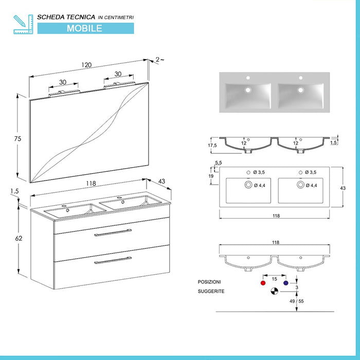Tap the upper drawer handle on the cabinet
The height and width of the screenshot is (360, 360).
(113, 234)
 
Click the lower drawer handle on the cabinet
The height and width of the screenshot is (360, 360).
(113, 262)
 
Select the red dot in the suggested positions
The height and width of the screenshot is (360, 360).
(263, 283)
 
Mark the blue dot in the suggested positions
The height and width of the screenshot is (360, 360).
(285, 283)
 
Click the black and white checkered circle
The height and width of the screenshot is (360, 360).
(275, 292)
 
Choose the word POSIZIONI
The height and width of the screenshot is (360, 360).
(209, 282)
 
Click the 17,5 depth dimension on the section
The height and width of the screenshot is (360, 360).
(211, 146)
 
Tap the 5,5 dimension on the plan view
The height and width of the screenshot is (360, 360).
(219, 163)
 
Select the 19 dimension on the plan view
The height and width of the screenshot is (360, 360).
(211, 176)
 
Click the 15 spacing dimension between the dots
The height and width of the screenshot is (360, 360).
(275, 279)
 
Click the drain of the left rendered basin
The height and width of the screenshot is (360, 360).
(248, 89)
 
